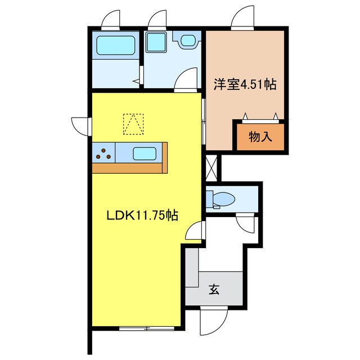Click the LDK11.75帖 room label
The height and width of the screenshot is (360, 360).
[143, 215]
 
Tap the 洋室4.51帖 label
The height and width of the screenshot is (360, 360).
[244, 85]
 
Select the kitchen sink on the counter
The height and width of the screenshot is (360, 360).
[144, 152]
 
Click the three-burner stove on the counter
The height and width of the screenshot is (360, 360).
[103, 152]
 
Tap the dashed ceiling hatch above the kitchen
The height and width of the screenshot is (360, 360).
[133, 124]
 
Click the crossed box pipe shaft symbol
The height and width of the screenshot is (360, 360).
[212, 167]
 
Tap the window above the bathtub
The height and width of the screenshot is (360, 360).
[110, 20]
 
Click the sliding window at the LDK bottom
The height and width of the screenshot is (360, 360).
[145, 328]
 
